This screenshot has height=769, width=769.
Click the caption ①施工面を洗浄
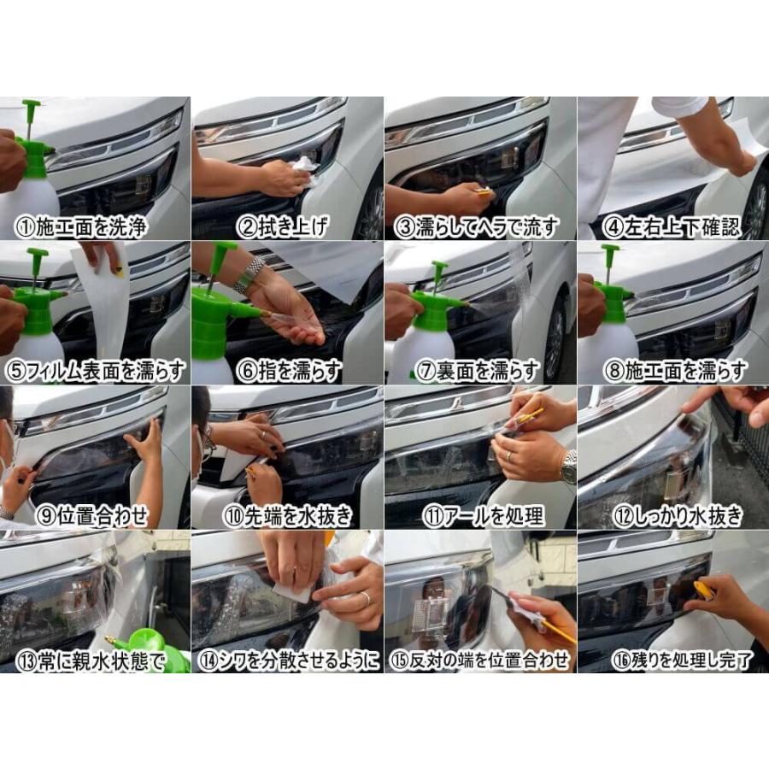[81, 227]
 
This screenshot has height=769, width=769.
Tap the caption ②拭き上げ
[283, 227]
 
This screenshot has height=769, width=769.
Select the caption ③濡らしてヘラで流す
[477, 227]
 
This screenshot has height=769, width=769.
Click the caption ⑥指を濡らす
[289, 372]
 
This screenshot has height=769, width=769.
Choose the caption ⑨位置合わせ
[92, 516]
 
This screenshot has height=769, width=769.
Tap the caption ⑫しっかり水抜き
[678, 516]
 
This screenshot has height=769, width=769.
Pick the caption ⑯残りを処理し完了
[682, 660]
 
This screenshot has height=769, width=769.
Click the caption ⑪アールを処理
[484, 516]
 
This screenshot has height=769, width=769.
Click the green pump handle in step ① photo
[32, 105]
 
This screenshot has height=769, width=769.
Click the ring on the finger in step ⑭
[366, 598]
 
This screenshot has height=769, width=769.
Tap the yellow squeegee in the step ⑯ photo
[702, 589]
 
